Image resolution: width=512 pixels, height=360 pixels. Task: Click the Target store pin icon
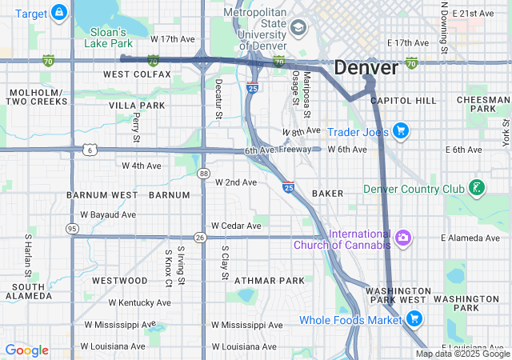click(x=58, y=13)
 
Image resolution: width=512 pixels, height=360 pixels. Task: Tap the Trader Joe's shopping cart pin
click(x=401, y=130)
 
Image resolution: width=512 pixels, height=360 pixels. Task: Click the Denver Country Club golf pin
click(x=477, y=188)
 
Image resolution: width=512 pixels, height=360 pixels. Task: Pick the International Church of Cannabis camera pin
click(x=403, y=238)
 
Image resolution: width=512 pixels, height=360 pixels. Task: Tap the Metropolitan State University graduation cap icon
click(x=298, y=29)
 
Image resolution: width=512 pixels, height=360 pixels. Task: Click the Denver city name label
click(x=366, y=67)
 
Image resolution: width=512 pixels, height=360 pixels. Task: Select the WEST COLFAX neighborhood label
click(x=137, y=74)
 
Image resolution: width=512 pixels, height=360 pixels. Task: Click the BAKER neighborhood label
click(x=327, y=194)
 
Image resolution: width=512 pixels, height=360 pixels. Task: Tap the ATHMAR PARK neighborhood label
click(x=270, y=281)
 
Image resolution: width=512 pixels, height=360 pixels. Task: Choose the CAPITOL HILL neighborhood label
click(x=404, y=101)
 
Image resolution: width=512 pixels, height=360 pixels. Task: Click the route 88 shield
click(x=205, y=173)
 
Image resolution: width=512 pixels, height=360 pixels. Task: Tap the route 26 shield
click(x=200, y=238)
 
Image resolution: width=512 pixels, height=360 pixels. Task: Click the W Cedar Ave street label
click(x=237, y=226)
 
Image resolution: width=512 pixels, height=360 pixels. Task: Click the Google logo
click(x=26, y=350)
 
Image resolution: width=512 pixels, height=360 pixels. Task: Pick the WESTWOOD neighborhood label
click(x=120, y=281)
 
